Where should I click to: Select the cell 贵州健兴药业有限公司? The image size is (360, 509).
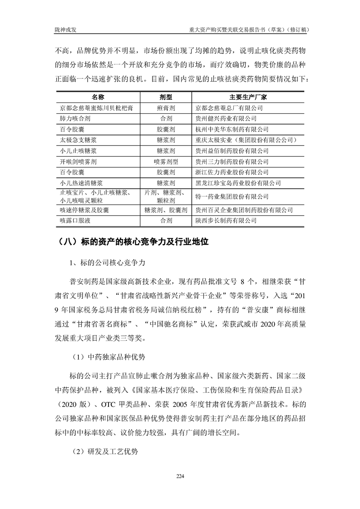pos(226,119)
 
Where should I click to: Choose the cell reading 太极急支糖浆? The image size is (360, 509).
pos(78,140)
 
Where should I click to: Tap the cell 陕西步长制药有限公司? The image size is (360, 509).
pos(226,220)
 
